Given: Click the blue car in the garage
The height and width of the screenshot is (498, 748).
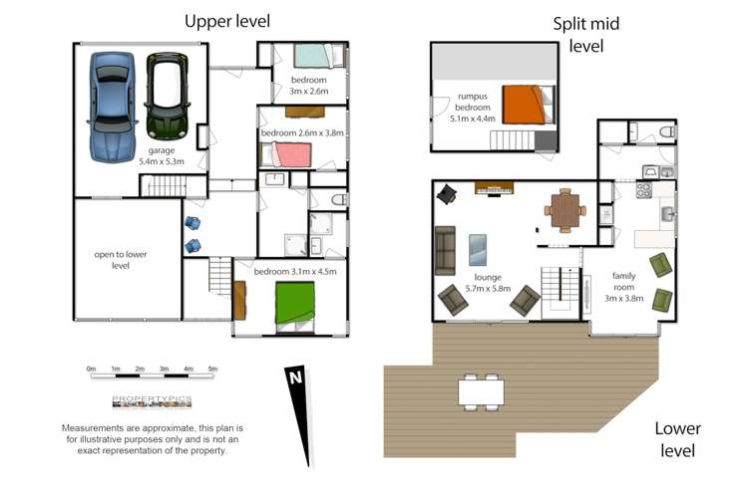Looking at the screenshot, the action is [112, 108].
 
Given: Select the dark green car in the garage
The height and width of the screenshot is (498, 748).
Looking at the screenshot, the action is [167, 97].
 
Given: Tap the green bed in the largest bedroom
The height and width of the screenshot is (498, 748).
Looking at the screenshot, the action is [295, 308].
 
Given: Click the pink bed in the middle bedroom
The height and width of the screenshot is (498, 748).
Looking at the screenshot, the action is [286, 155].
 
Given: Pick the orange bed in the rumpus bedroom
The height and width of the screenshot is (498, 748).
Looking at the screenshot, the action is [529, 104].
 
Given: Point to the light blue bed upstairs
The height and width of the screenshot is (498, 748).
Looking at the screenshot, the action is [319, 56].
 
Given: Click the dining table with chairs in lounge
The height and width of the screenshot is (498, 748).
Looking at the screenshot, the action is [565, 210].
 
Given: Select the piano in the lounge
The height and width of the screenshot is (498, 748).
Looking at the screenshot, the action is [495, 188].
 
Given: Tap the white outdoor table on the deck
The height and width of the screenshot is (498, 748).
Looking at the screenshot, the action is [482, 391].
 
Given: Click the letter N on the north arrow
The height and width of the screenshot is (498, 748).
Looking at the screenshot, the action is [296, 377].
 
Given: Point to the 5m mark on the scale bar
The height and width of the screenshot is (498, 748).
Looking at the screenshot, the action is [212, 369].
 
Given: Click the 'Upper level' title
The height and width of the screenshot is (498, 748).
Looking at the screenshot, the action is [227, 22].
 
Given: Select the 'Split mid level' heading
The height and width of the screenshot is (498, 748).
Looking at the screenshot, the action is [586, 35].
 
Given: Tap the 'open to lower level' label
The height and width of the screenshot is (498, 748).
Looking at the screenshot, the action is [121, 260].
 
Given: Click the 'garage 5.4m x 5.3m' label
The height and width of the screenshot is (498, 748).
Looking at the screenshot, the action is [162, 155].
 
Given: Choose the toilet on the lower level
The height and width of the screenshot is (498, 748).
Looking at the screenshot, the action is [667, 131].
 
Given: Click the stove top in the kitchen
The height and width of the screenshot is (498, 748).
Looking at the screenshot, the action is [643, 190].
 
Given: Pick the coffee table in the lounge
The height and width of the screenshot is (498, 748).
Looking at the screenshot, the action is [478, 250].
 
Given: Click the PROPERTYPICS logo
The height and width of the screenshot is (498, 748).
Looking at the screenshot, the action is [152, 401].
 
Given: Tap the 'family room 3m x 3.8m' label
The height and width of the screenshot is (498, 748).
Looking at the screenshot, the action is [624, 287].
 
